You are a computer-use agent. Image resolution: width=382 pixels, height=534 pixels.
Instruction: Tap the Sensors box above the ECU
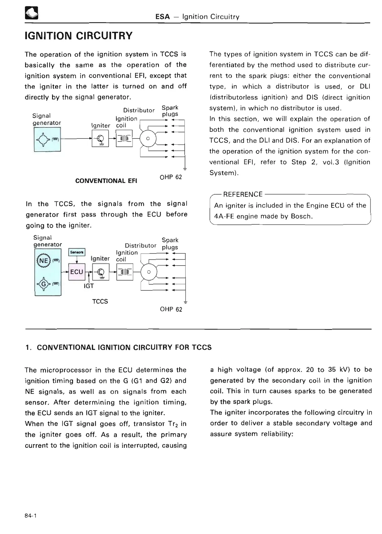[x=77, y=252]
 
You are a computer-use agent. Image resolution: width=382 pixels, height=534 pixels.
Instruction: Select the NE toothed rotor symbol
[x=44, y=261]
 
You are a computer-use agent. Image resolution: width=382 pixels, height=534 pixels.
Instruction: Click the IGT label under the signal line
[x=89, y=286]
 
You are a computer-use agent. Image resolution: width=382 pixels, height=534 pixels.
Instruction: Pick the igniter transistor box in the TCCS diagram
[x=100, y=272]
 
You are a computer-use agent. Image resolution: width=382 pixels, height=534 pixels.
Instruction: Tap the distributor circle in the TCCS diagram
[x=148, y=272]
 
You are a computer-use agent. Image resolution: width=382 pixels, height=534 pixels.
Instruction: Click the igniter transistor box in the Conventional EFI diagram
[x=100, y=139]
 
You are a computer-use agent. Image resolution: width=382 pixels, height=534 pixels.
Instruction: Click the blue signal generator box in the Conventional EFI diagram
[x=47, y=139]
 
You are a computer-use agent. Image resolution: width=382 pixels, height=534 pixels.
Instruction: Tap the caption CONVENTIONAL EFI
[x=106, y=180]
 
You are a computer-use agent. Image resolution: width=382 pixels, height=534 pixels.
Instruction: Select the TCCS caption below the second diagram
[x=100, y=301]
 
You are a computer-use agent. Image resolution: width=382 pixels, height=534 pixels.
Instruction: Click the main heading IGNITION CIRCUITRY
[x=78, y=35]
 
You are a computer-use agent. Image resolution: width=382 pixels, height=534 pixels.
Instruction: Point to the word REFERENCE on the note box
[x=243, y=194]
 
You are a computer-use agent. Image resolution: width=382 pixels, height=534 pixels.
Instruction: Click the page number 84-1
[x=30, y=515]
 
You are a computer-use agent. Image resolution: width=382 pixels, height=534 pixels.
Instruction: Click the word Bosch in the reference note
[x=301, y=216]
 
